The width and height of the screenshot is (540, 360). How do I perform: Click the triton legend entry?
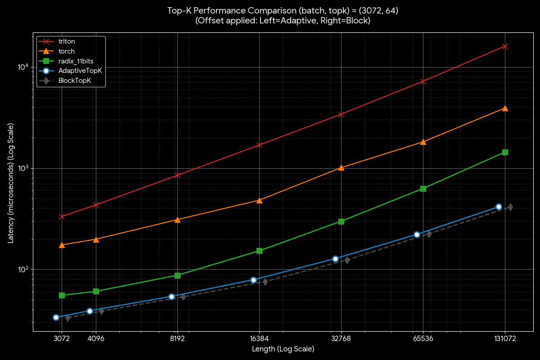(x=67, y=41)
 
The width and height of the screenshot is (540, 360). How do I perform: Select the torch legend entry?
(x=67, y=51)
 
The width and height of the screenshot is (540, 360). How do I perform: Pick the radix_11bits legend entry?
(x=76, y=61)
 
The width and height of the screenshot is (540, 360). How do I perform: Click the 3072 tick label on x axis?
(x=62, y=339)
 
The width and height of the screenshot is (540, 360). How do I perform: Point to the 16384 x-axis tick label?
(x=259, y=339)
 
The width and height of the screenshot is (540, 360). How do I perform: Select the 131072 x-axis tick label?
(x=505, y=339)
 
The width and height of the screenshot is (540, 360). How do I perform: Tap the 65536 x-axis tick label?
(x=423, y=339)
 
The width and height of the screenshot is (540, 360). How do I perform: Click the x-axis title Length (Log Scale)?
(x=283, y=349)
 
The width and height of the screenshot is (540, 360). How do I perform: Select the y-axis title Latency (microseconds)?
(x=11, y=189)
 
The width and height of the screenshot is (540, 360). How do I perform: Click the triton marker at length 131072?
(x=505, y=46)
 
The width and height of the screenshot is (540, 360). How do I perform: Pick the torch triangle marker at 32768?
(x=341, y=167)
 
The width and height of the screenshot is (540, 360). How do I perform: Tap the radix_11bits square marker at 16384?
(x=259, y=251)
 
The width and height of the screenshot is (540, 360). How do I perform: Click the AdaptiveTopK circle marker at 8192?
(x=171, y=297)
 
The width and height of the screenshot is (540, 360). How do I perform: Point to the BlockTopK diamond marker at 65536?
(x=429, y=234)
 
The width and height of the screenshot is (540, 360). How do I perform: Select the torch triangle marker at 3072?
(x=62, y=245)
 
